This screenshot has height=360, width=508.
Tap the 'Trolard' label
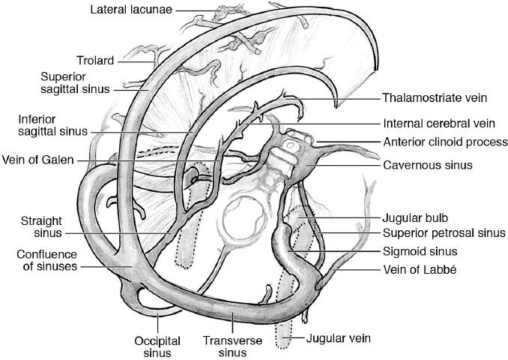pos(94,60)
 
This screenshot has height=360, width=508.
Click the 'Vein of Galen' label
pos(38,160)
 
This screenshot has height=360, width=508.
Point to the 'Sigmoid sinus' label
pos(420,251)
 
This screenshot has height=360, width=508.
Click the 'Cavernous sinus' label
pos(427,164)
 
